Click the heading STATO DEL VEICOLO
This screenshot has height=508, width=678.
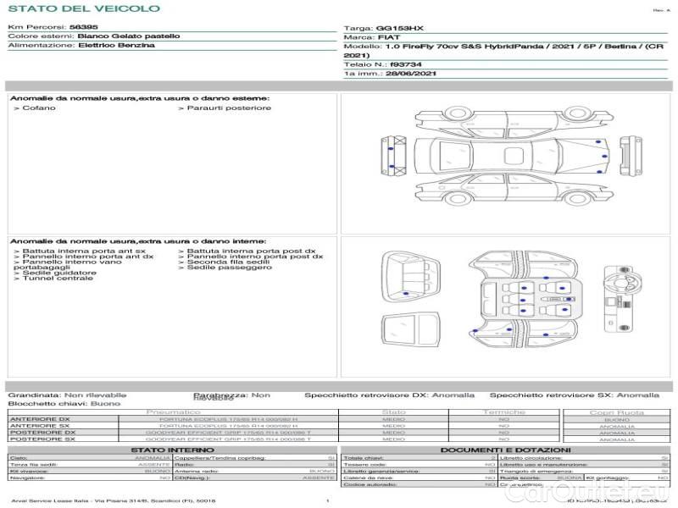[x=83, y=8]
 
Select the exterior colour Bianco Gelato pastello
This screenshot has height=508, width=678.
[x=129, y=36]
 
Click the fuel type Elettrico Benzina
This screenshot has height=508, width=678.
[x=116, y=46]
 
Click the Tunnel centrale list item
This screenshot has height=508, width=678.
[x=56, y=279]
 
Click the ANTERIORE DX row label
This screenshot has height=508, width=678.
[x=40, y=419]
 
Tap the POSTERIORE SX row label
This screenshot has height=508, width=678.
[x=42, y=439]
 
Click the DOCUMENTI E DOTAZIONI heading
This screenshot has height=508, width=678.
[x=504, y=450]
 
